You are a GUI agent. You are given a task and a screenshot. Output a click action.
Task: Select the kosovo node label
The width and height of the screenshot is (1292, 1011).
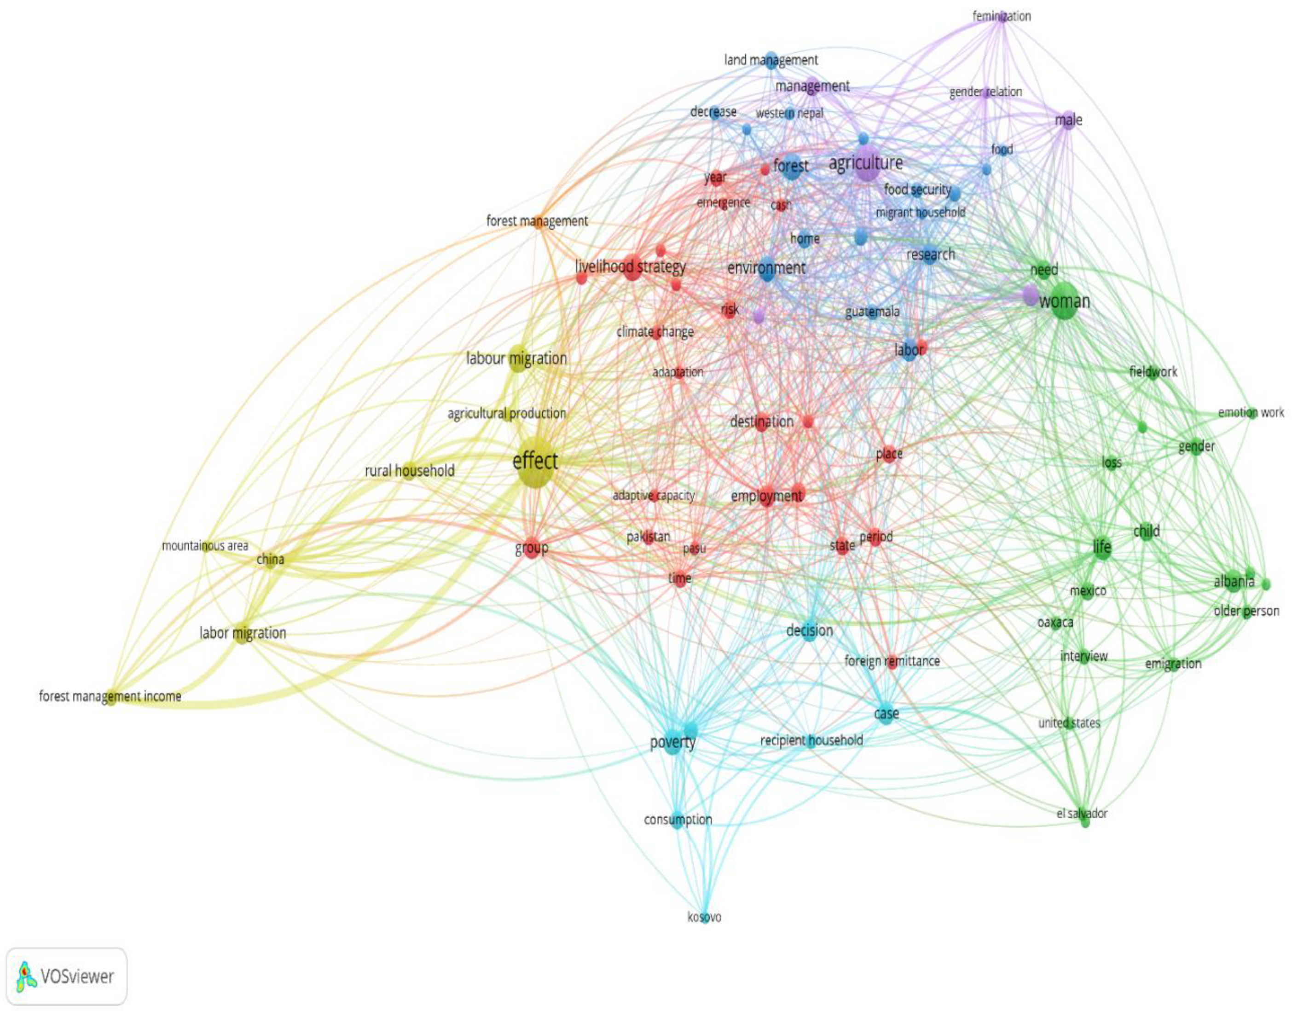[704, 917]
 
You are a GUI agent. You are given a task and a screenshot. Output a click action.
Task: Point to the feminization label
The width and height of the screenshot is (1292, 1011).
[1001, 16]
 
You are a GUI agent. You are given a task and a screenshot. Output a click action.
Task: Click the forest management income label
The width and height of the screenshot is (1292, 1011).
[110, 696]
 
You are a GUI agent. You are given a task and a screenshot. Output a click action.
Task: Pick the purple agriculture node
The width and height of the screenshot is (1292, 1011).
[866, 163]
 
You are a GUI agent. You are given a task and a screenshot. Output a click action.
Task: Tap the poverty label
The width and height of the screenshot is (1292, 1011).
[672, 742]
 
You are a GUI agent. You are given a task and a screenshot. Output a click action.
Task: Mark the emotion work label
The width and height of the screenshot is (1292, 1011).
[1251, 413]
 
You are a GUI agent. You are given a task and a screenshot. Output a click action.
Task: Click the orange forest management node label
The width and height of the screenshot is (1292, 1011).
[537, 221]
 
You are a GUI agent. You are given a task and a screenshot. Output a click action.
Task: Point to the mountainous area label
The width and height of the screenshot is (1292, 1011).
[205, 546]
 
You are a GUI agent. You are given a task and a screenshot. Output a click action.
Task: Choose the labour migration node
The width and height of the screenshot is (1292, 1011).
[517, 358]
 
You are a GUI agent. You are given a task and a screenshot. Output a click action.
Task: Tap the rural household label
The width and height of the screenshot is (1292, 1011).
[410, 471]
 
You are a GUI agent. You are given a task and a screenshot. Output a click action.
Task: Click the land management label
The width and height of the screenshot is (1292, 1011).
[771, 60]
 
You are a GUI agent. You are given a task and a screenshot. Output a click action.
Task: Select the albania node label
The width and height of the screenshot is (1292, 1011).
[1234, 582]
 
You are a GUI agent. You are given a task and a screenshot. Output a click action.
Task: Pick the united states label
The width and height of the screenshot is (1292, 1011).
[1069, 723]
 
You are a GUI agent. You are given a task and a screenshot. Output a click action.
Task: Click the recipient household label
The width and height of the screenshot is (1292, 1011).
[811, 740]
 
